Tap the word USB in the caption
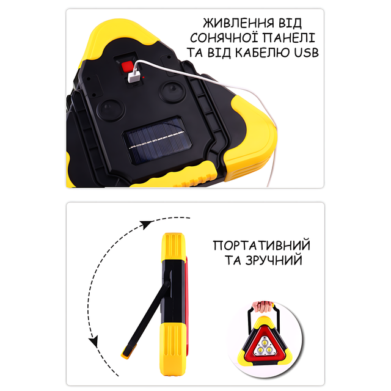tap(307, 53)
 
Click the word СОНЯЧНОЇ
tap(224, 38)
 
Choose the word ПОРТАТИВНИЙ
tap(261, 246)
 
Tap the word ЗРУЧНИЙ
tap(274, 260)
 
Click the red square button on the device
tap(127, 67)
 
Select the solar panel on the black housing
tap(158, 141)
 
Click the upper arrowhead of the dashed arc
tap(145, 224)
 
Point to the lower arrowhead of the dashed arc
tap(94, 341)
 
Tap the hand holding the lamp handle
tap(262, 306)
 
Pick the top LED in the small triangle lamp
tap(263, 341)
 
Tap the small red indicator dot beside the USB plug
tap(144, 78)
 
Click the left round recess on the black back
tap(111, 110)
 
